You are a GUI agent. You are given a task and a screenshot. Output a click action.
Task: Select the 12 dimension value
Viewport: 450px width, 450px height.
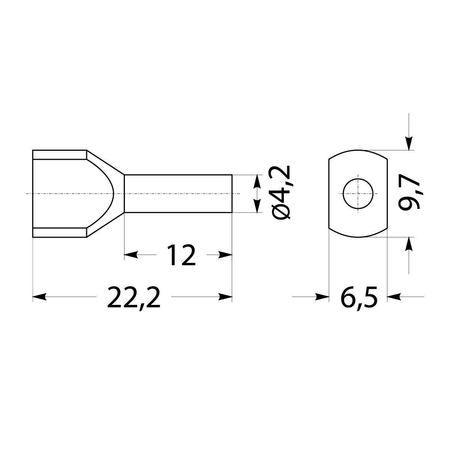coord(181,255)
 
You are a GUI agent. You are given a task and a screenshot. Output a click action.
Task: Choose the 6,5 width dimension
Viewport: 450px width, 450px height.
coord(358,297)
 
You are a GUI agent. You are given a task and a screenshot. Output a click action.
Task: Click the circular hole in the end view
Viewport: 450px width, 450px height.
coord(358,194)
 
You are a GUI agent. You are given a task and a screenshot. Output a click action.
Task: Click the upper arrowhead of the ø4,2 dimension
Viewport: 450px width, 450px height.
coord(257,181)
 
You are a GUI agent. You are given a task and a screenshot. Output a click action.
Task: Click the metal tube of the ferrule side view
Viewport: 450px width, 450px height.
coord(178,194)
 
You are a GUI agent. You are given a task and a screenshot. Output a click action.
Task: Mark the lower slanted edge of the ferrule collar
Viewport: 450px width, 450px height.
coord(105,225)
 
